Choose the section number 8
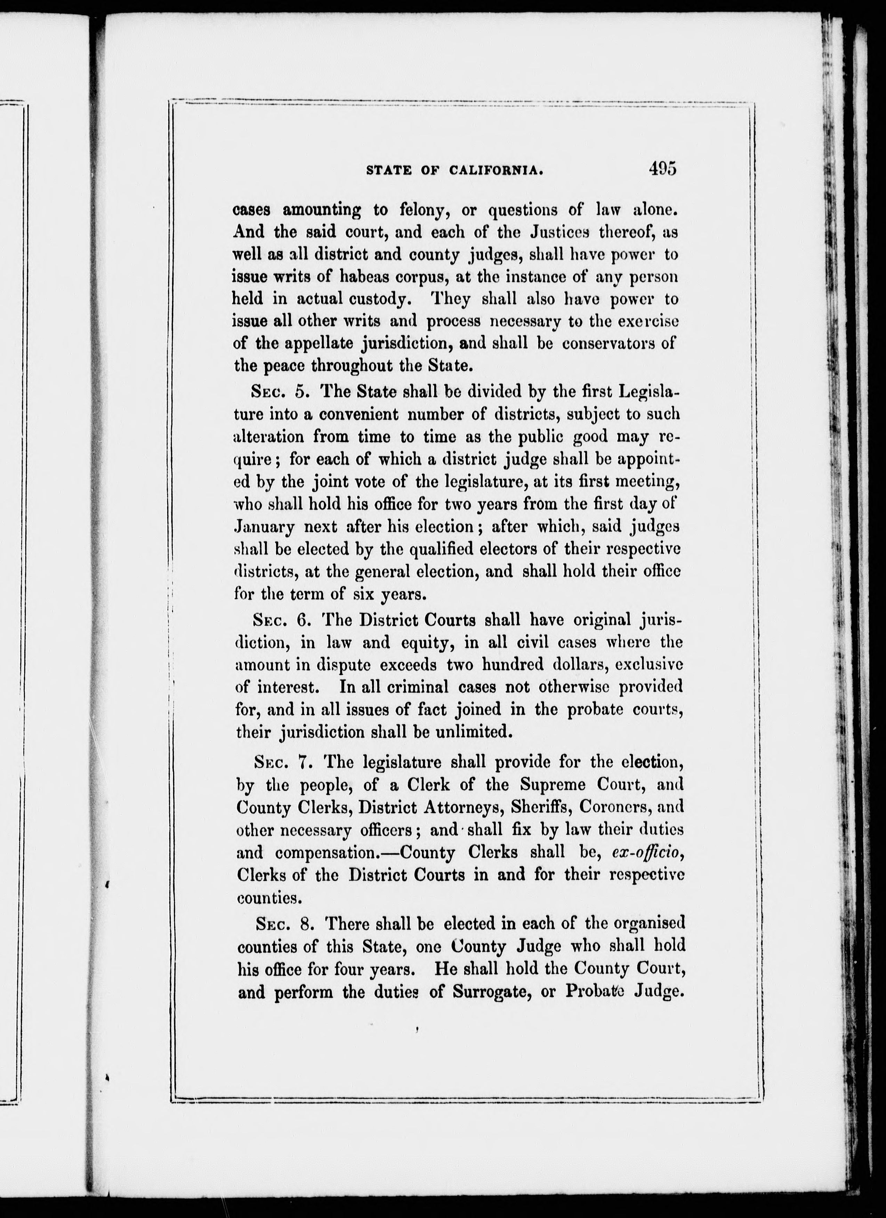point(306,924)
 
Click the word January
point(264,527)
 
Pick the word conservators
point(608,344)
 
